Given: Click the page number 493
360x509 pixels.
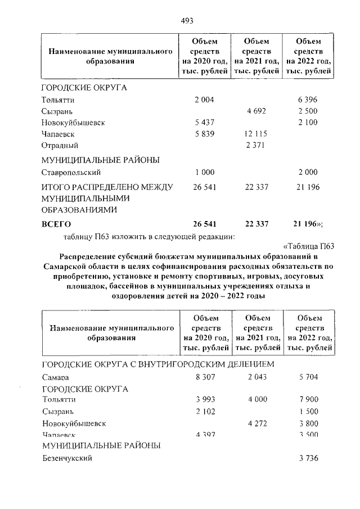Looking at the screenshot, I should (187, 21).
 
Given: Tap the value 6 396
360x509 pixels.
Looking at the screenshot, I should (308, 100).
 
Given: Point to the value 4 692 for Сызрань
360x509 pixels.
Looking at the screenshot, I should (256, 111).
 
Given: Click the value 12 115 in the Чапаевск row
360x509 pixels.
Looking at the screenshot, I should (256, 134).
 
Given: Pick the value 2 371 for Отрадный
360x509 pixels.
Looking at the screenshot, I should (256, 145).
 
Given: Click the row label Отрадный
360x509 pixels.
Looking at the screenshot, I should (60, 145).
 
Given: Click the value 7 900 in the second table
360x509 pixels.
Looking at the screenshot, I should (309, 399).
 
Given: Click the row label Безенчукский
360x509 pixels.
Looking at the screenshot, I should (66, 458).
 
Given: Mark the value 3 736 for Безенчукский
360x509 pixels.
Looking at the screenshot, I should (309, 458).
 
